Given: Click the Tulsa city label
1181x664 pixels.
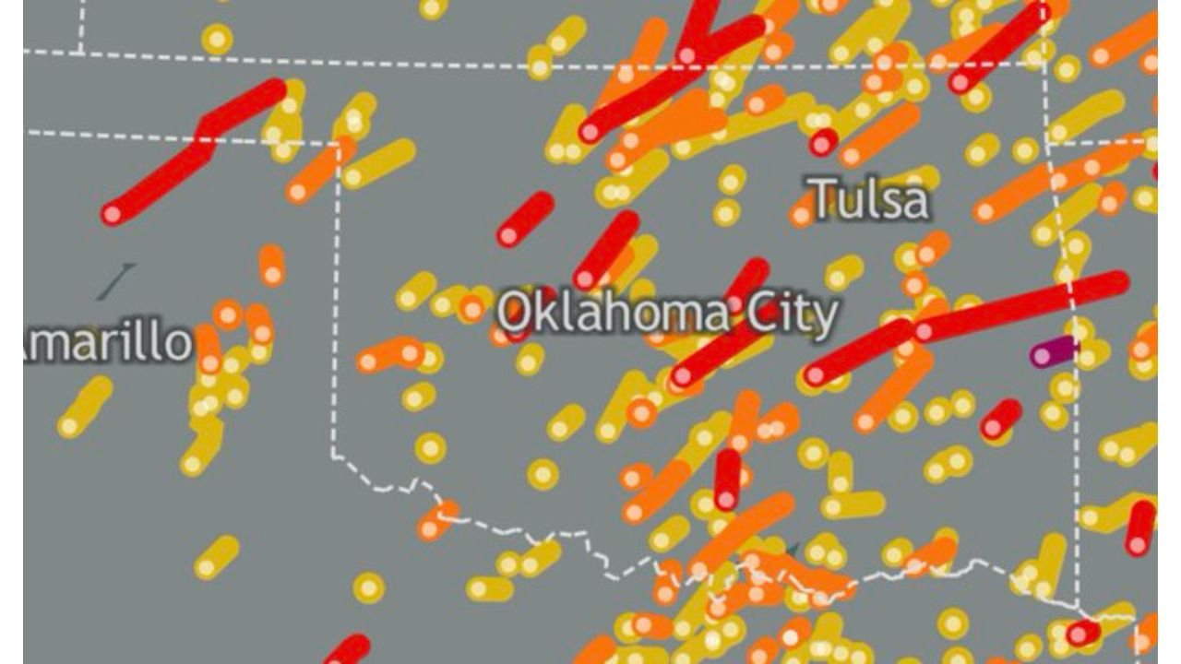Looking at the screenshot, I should point(869,198).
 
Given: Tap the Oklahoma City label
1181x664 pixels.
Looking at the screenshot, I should point(668,314).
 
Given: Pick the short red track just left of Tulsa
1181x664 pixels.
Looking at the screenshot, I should point(823,142).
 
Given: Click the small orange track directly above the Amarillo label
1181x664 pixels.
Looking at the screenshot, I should point(271,265).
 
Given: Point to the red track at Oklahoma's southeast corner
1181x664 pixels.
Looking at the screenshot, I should point(1083,633).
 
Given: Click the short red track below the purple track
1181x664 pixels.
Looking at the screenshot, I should point(1001,418).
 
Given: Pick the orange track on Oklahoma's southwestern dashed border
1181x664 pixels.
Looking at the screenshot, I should point(436,521).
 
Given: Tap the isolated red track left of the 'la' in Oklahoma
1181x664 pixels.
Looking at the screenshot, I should point(526,219).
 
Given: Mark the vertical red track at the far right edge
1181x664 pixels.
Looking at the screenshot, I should point(1140,527).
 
